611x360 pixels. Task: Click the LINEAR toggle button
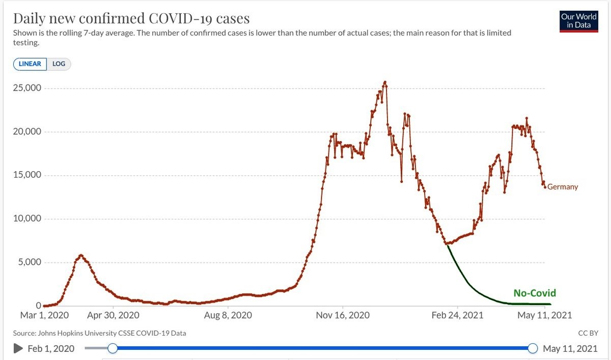coord(30,64)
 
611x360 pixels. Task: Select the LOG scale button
coord(59,64)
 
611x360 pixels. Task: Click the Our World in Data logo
coord(578,21)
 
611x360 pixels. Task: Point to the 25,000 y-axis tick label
coord(27,88)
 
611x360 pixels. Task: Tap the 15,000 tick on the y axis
coord(27,175)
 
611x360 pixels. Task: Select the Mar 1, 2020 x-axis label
coord(44,316)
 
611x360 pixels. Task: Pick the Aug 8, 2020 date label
coord(228,316)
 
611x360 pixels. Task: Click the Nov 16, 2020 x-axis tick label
coord(343,316)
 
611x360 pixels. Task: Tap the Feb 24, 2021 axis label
coord(457,316)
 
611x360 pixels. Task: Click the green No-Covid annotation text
coord(534,293)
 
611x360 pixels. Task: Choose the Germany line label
coord(563,187)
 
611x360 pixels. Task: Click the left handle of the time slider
coord(113,348)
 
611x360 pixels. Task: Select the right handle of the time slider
coord(533,348)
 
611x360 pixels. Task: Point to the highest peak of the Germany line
coord(385,82)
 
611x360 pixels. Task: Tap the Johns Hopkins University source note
coord(100,334)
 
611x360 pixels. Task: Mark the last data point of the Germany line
coord(545,187)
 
